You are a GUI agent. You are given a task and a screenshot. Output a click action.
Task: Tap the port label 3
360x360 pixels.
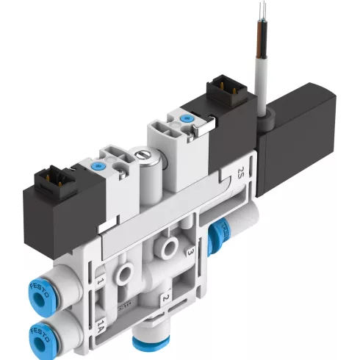tap(190, 252)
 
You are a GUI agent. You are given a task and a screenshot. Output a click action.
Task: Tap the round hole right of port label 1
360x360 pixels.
tap(126, 274)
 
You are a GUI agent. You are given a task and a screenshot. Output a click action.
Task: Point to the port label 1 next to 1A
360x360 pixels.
tap(100, 280)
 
